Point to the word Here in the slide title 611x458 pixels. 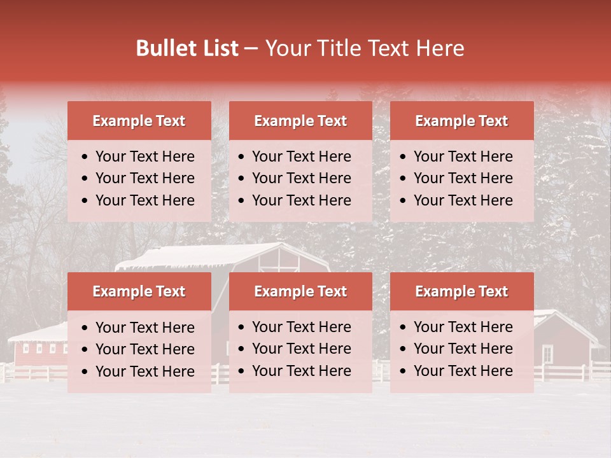pyautogui.click(x=440, y=48)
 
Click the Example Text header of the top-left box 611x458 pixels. pyautogui.click(x=139, y=121)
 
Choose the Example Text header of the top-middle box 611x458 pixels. pyautogui.click(x=300, y=121)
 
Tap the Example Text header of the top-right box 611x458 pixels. pyautogui.click(x=461, y=121)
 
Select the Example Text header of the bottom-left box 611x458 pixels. pyautogui.click(x=139, y=291)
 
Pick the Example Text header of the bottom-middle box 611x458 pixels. pyautogui.click(x=300, y=291)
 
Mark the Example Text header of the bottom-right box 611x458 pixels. pyautogui.click(x=461, y=291)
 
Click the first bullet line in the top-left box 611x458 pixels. pyautogui.click(x=144, y=156)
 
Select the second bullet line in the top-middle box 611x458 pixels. pyautogui.click(x=301, y=178)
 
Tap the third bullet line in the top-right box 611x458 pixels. pyautogui.click(x=463, y=200)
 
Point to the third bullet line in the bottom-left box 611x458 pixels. pyautogui.click(x=144, y=371)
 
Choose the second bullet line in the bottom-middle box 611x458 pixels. pyautogui.click(x=301, y=349)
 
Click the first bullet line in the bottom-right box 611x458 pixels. pyautogui.click(x=463, y=327)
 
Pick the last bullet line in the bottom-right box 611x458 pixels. pyautogui.click(x=463, y=371)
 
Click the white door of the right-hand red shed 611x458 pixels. pyautogui.click(x=547, y=354)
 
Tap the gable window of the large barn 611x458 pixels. pyautogui.click(x=278, y=260)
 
